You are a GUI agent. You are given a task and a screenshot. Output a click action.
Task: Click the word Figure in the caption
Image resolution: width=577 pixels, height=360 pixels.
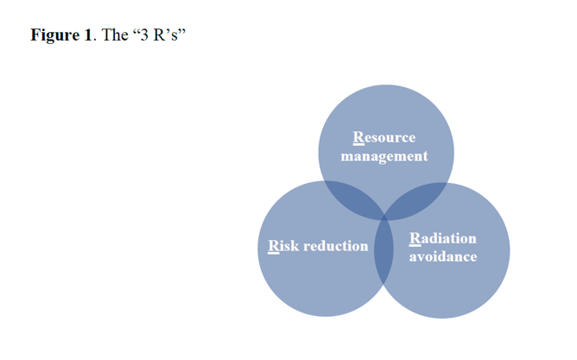pos(54,35)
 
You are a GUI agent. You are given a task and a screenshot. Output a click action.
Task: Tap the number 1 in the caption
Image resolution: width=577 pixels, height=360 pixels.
pos(87,35)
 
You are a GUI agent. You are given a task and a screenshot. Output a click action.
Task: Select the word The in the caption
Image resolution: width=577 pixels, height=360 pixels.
pos(114,35)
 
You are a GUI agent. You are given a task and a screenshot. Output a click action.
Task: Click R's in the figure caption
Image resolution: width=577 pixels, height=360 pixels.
pos(165,35)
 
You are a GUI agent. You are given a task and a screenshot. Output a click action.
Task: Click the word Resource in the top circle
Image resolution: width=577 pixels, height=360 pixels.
pos(384,137)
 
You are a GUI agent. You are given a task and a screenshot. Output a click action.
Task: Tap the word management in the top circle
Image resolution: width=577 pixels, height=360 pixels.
pos(384,156)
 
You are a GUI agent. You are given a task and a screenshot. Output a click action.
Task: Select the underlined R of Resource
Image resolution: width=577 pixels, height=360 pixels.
pos(358,137)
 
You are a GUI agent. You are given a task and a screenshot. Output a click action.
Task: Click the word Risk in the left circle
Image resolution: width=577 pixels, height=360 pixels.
pos(283,246)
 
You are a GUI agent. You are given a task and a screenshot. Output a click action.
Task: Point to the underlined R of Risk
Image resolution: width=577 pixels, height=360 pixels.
pos(274,246)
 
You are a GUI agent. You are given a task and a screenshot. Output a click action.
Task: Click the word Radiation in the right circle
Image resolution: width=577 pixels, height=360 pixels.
pos(443,238)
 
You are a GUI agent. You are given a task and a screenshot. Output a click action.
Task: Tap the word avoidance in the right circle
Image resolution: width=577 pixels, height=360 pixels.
pos(443,256)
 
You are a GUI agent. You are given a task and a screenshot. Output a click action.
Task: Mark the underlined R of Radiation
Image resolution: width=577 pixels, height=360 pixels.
pos(415,238)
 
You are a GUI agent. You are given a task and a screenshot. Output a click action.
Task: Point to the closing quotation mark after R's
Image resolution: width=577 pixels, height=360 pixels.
pos(181,31)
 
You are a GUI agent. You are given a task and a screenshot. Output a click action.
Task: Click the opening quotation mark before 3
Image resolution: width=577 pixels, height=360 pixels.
pos(136,31)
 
